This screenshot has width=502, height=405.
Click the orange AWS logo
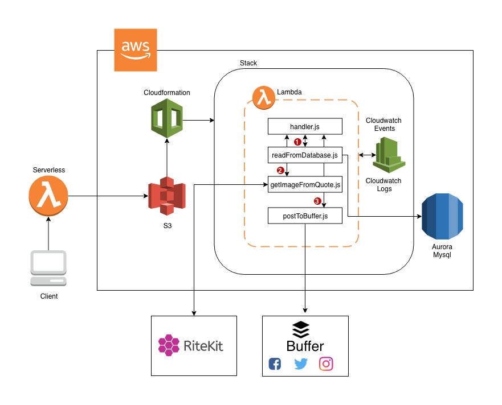[x=136, y=50]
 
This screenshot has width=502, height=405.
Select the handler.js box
[x=305, y=126]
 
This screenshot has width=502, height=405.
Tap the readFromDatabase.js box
[x=305, y=155]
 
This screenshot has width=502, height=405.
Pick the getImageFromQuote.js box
[x=305, y=184]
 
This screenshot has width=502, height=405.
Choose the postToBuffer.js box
[x=305, y=216]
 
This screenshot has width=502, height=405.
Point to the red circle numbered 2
[x=280, y=170]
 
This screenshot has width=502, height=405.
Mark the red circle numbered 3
[x=317, y=201]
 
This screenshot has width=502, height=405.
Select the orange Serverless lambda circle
[x=48, y=197]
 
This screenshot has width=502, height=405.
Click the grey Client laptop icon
[x=49, y=268]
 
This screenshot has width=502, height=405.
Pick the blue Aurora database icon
[x=442, y=217]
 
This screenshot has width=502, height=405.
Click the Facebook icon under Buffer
[x=275, y=363]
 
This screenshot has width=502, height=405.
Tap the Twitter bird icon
[x=300, y=363]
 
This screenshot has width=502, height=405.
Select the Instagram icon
[x=326, y=363]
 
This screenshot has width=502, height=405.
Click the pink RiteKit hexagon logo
[x=169, y=345]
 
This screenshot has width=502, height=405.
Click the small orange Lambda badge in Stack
[x=263, y=97]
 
